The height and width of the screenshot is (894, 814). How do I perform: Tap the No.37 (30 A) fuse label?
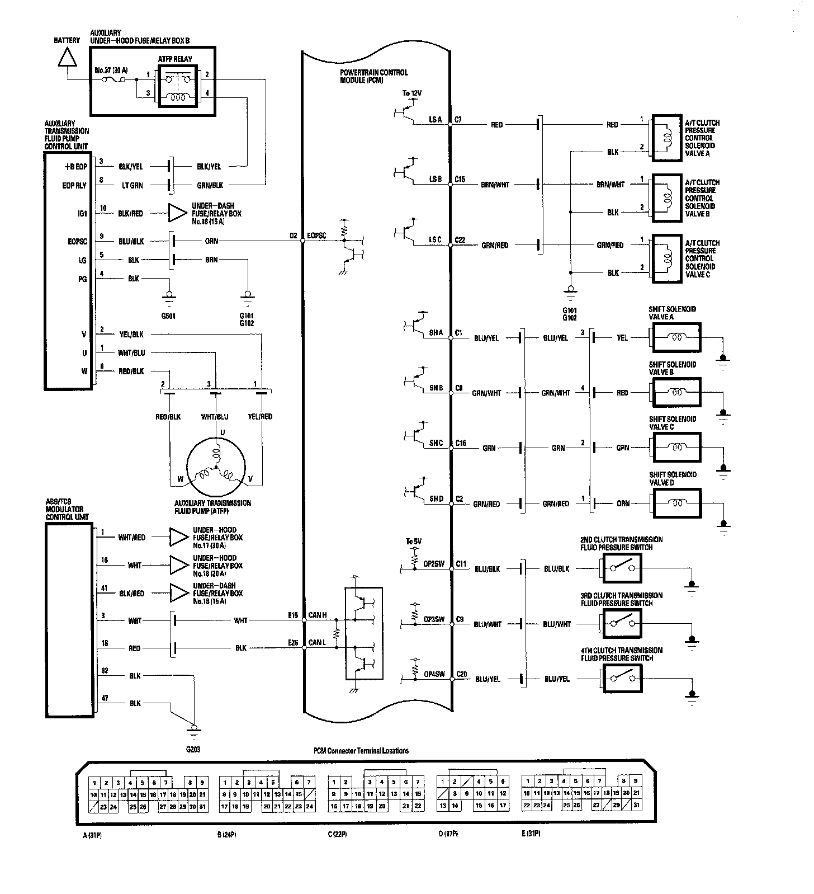pyautogui.click(x=111, y=71)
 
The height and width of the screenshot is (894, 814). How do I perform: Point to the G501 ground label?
pyautogui.click(x=168, y=316)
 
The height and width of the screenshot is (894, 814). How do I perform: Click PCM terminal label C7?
pyautogui.click(x=458, y=120)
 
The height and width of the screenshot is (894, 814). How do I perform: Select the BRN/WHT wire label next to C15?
pyautogui.click(x=495, y=185)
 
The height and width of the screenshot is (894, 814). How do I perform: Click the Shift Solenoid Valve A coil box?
pyautogui.click(x=675, y=338)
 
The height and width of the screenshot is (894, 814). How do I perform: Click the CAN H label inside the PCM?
pyautogui.click(x=317, y=615)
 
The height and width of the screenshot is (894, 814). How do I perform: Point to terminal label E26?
pyautogui.click(x=293, y=643)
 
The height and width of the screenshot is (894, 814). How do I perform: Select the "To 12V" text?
pyautogui.click(x=412, y=92)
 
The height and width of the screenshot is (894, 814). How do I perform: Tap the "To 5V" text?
pyautogui.click(x=414, y=542)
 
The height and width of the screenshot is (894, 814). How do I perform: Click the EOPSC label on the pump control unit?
pyautogui.click(x=78, y=242)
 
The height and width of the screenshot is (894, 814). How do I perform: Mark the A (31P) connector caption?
pyautogui.click(x=92, y=834)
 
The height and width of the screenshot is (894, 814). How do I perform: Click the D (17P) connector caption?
pyautogui.click(x=448, y=834)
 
